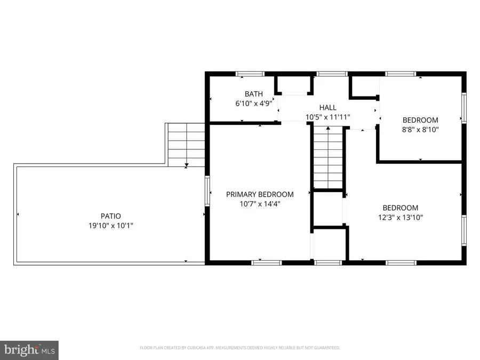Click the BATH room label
(253, 94)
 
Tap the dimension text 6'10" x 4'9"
(253, 103)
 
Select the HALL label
(328, 107)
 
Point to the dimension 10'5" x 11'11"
(328, 117)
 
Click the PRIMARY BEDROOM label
(260, 194)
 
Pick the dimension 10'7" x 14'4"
(260, 204)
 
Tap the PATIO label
(111, 216)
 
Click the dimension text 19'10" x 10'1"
(111, 226)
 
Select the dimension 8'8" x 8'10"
(420, 130)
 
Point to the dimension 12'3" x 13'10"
(401, 218)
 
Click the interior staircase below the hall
(328, 157)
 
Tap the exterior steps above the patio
(186, 145)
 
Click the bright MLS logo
(29, 350)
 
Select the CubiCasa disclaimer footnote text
(239, 348)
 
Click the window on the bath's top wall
(250, 74)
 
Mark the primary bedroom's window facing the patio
(207, 191)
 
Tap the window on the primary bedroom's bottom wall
(266, 262)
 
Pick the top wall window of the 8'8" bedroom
(401, 74)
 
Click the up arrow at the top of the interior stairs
(328, 128)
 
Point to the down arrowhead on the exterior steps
(187, 165)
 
